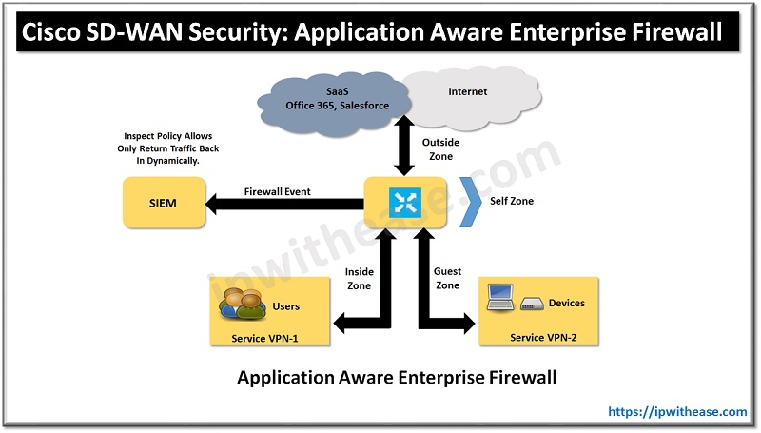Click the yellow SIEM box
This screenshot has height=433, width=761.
point(164,202)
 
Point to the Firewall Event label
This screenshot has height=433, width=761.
point(278,191)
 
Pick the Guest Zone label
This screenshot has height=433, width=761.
point(447,278)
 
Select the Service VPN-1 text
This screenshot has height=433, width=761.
point(269,338)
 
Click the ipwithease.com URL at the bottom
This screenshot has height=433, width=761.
point(677,412)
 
